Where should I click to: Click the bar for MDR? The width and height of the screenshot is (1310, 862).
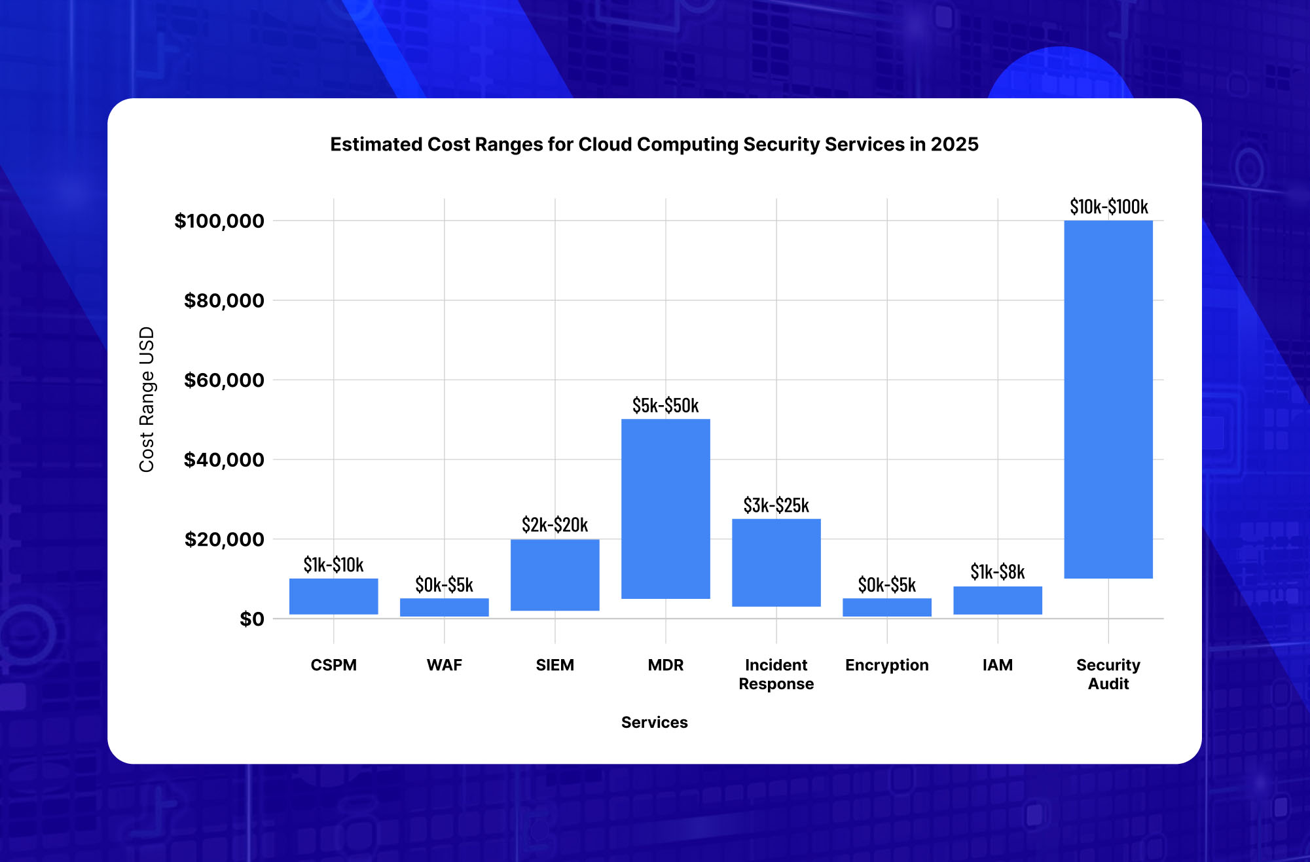click(x=665, y=509)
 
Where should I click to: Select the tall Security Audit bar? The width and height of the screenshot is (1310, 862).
click(x=1108, y=399)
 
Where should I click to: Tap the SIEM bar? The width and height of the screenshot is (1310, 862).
click(x=555, y=575)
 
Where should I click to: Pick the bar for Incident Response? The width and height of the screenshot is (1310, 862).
click(x=776, y=562)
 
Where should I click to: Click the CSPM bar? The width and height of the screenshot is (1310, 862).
click(x=333, y=596)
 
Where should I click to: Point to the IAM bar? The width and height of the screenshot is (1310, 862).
click(x=997, y=600)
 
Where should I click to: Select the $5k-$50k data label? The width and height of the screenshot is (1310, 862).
click(x=665, y=406)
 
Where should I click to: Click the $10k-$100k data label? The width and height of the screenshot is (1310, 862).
click(x=1108, y=207)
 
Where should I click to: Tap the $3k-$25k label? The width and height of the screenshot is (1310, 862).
click(x=776, y=505)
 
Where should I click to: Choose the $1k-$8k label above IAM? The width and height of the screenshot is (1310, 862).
click(x=997, y=572)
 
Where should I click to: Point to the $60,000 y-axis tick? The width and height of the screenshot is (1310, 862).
click(x=224, y=380)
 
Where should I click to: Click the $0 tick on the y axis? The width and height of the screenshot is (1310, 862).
click(x=251, y=619)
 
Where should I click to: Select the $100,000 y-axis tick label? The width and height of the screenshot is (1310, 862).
click(x=219, y=221)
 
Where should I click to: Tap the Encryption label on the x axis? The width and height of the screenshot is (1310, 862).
click(x=886, y=665)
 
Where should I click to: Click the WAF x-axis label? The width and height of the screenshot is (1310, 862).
click(x=444, y=665)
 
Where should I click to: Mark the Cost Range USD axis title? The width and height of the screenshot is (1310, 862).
click(x=147, y=399)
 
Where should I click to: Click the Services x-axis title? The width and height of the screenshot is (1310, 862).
click(x=654, y=723)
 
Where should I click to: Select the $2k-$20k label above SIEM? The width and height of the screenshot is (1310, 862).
click(x=555, y=525)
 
